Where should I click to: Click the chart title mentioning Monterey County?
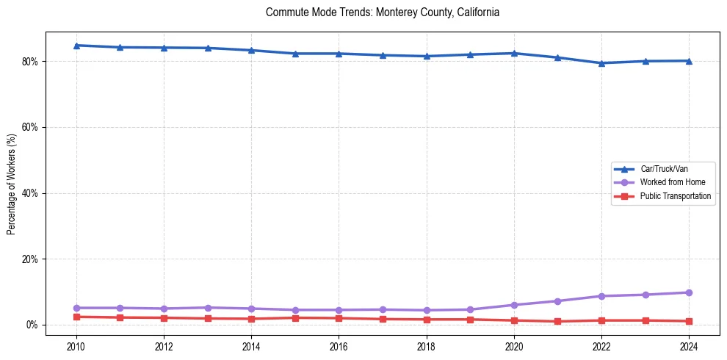tap(383, 12)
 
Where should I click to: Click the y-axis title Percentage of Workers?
tap(12, 184)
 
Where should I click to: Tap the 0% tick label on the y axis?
tap(32, 325)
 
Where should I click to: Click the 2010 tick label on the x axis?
tap(76, 346)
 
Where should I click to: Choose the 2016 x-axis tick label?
tap(339, 346)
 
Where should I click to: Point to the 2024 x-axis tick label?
tap(689, 346)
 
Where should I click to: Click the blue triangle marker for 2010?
tap(76, 46)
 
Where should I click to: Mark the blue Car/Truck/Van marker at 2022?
tap(601, 63)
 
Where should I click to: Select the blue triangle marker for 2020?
tap(514, 53)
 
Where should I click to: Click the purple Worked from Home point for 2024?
tap(689, 292)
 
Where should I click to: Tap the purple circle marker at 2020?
tap(514, 305)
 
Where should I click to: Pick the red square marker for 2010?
tap(76, 317)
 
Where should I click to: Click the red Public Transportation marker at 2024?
tap(689, 321)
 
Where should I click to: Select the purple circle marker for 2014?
tap(251, 309)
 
